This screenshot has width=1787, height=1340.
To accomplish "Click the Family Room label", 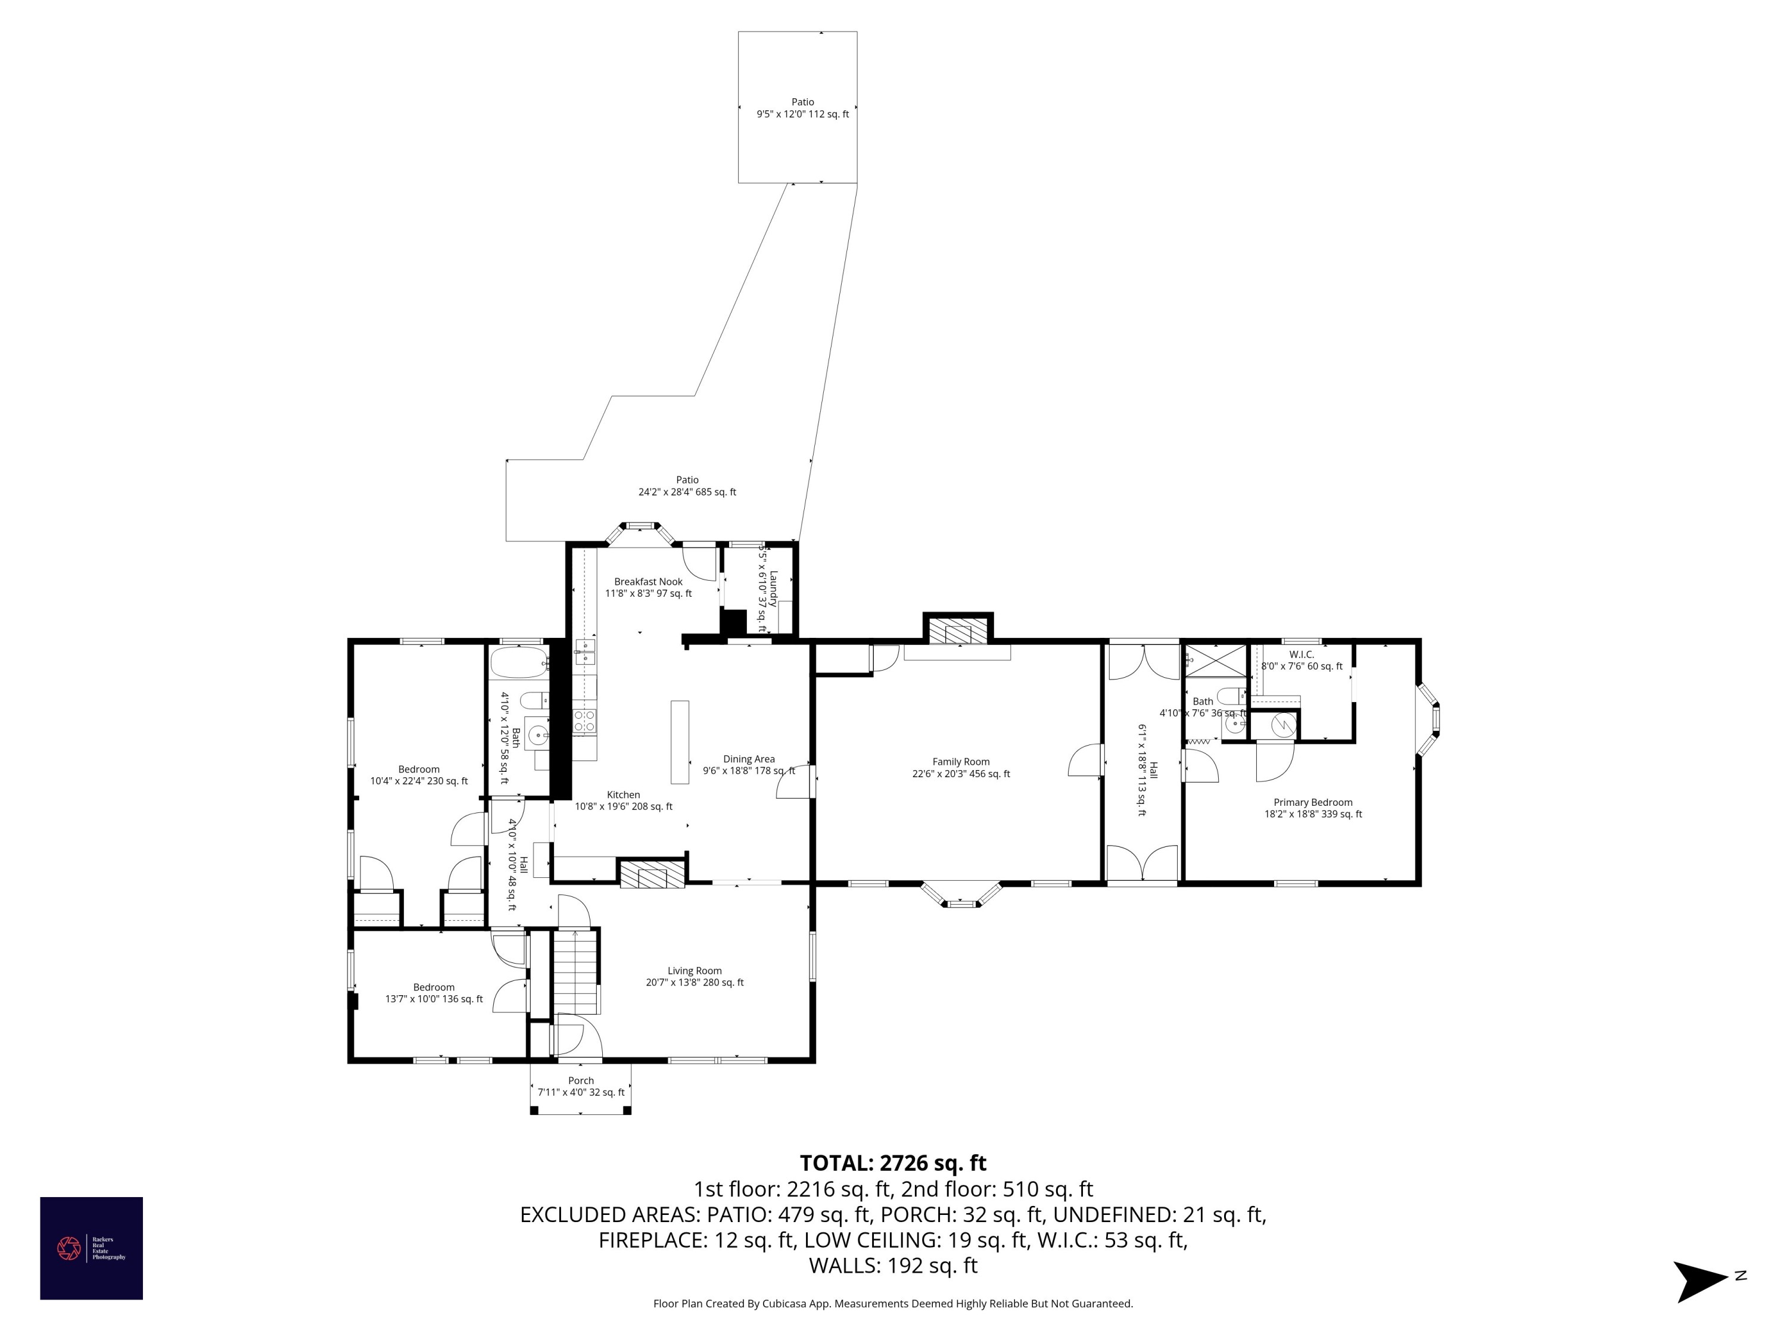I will (x=961, y=767).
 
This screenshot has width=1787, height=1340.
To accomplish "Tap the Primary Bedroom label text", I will (x=1313, y=808).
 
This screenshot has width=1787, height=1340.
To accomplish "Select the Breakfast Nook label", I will (x=648, y=587).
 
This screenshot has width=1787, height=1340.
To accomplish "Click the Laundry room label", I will (x=767, y=588).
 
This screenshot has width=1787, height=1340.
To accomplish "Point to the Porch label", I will (x=581, y=1086).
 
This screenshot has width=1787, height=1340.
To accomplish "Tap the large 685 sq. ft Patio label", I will (x=687, y=485).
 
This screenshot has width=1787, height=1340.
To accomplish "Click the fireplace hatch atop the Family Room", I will (x=958, y=631).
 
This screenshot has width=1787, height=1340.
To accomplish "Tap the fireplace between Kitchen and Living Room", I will (x=652, y=874).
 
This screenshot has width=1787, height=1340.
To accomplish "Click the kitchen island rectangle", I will (x=680, y=741).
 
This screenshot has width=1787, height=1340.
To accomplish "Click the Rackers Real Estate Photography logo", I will (x=91, y=1248).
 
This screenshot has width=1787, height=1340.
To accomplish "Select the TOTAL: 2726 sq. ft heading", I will (x=893, y=1163).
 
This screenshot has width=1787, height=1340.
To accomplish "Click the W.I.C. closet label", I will (x=1302, y=660).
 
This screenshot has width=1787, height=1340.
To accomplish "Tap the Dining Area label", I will (x=748, y=764).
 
